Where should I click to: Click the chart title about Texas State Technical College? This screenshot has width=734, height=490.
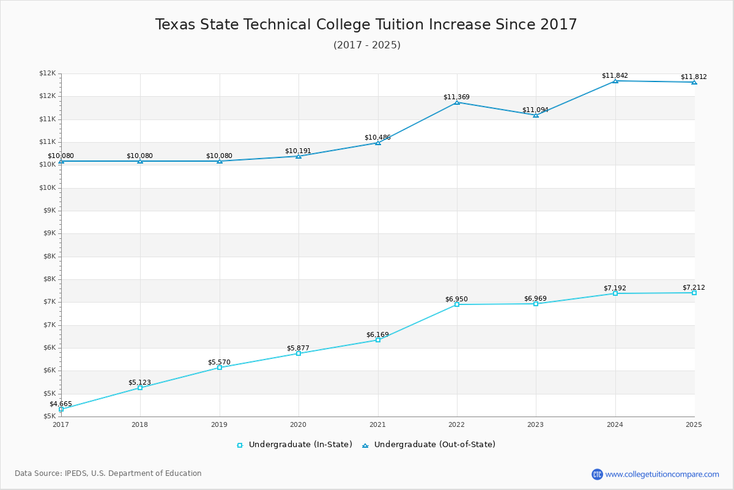366,24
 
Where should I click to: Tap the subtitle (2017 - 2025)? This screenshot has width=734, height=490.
367,45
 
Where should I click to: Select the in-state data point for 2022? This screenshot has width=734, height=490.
457,304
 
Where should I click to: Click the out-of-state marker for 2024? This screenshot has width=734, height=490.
615,81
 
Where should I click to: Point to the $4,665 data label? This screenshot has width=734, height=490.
61,404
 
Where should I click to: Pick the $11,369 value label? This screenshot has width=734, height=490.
456,97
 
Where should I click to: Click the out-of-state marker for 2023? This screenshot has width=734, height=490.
536,115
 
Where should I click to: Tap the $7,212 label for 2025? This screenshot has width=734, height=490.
694,288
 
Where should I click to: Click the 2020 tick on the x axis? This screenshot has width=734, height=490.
298,424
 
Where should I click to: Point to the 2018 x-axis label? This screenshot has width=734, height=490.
140,424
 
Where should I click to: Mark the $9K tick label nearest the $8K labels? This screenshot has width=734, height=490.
48,233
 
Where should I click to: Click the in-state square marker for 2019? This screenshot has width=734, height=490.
220,367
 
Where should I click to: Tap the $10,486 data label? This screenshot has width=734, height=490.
377,138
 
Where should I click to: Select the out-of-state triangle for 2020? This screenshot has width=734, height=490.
298,156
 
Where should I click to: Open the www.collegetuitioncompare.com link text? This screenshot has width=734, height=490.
662,474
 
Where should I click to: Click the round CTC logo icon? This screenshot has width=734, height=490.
597,474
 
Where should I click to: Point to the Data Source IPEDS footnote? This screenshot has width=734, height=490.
108,473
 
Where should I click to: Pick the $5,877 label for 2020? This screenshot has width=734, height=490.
298,349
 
